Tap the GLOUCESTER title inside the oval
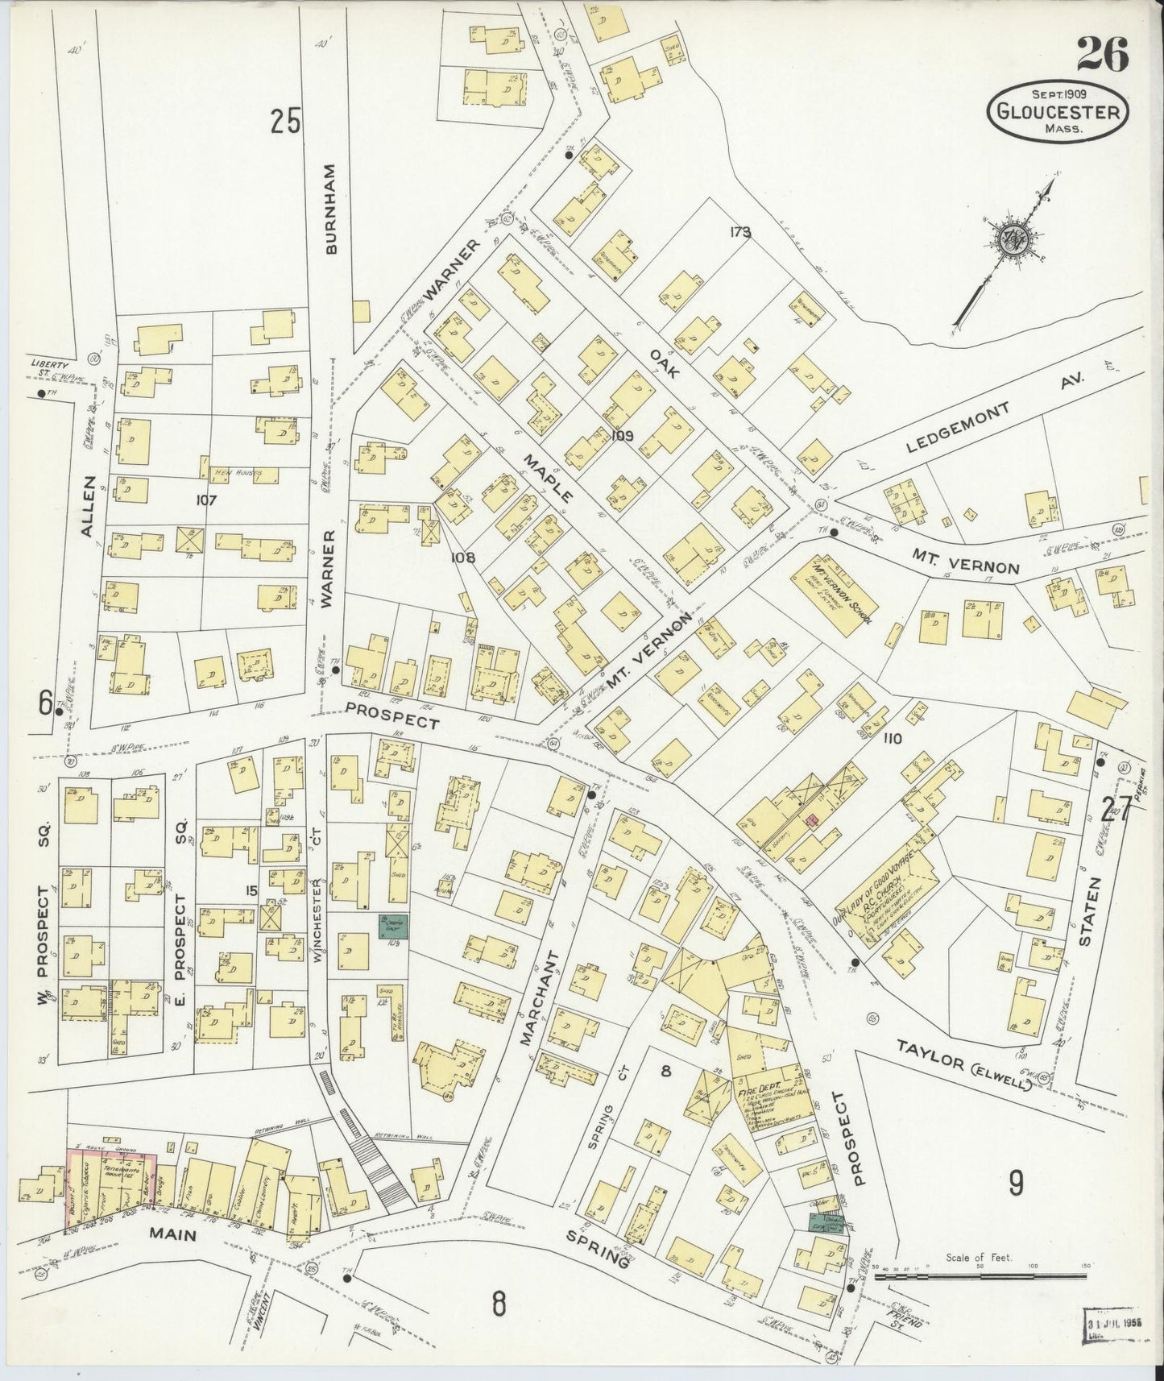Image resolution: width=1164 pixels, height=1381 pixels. pos(1058,112)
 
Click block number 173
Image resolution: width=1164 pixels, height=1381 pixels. pos(740,233)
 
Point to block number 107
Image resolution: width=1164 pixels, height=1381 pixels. pos(207,500)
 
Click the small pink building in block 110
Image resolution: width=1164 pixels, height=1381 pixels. pos(813,819)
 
